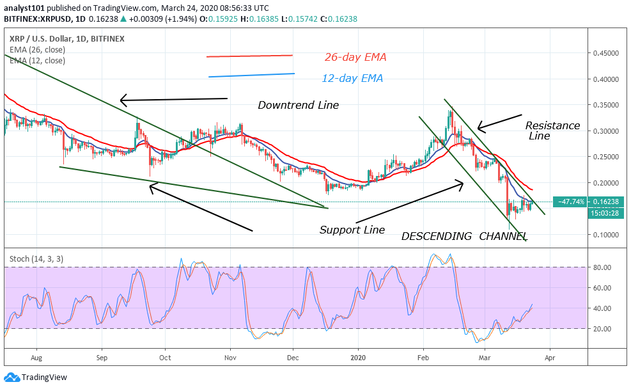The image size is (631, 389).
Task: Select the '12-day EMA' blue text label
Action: tap(354, 79)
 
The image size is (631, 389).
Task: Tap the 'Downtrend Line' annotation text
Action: tap(298, 105)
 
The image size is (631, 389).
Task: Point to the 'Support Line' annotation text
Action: tap(352, 230)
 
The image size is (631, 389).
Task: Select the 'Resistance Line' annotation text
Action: tap(552, 131)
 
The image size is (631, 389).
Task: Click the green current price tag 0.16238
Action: tap(606, 202)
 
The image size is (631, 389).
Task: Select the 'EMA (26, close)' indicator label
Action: tap(37, 50)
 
